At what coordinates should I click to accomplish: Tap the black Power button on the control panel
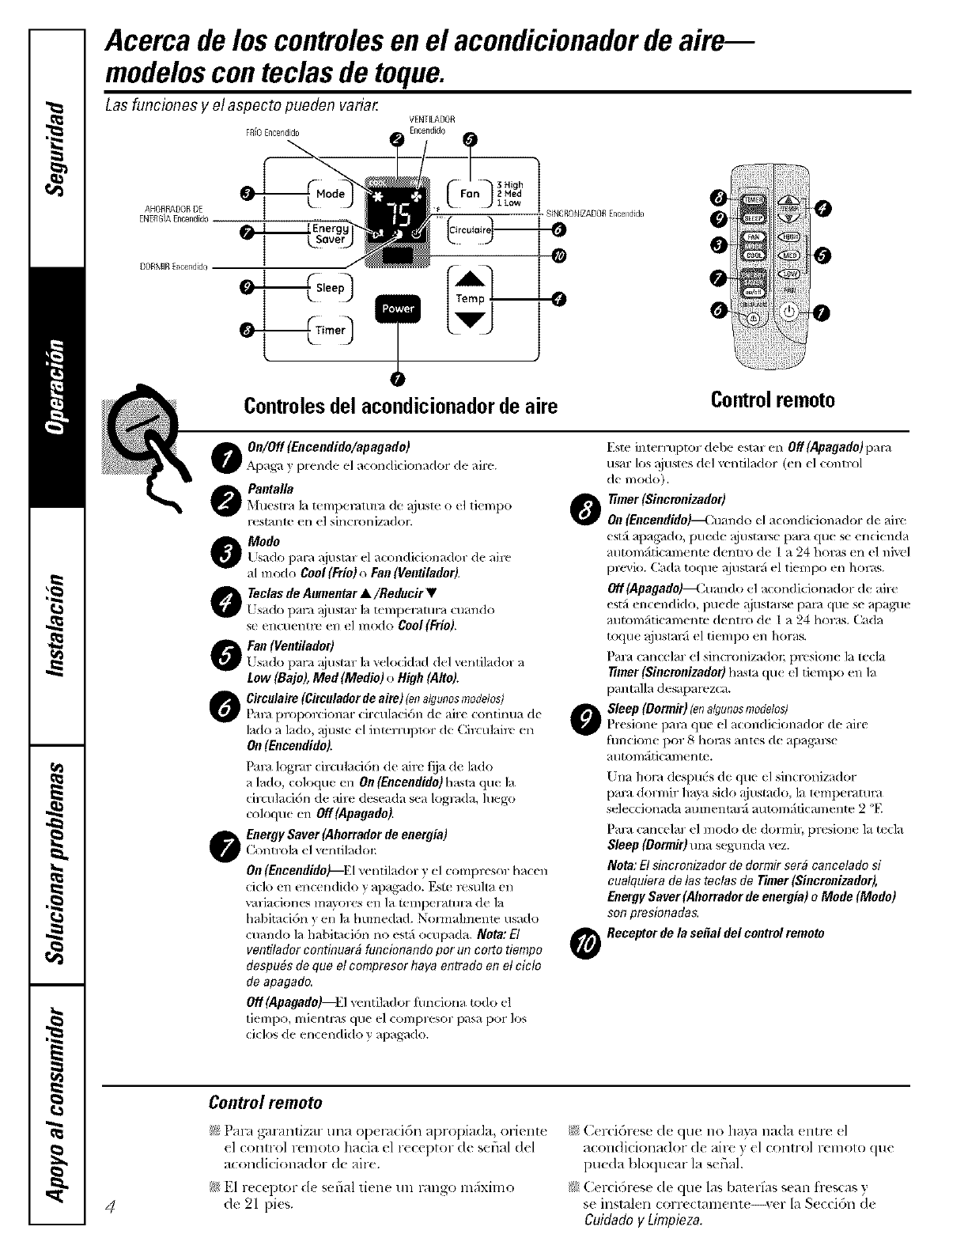click(x=397, y=309)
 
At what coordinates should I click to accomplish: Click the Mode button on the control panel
click(x=330, y=194)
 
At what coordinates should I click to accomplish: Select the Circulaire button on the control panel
click(x=470, y=230)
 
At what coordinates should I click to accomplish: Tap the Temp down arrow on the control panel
click(x=470, y=319)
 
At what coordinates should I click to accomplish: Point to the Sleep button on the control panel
click(x=330, y=288)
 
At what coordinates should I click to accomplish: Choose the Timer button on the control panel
click(x=330, y=331)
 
